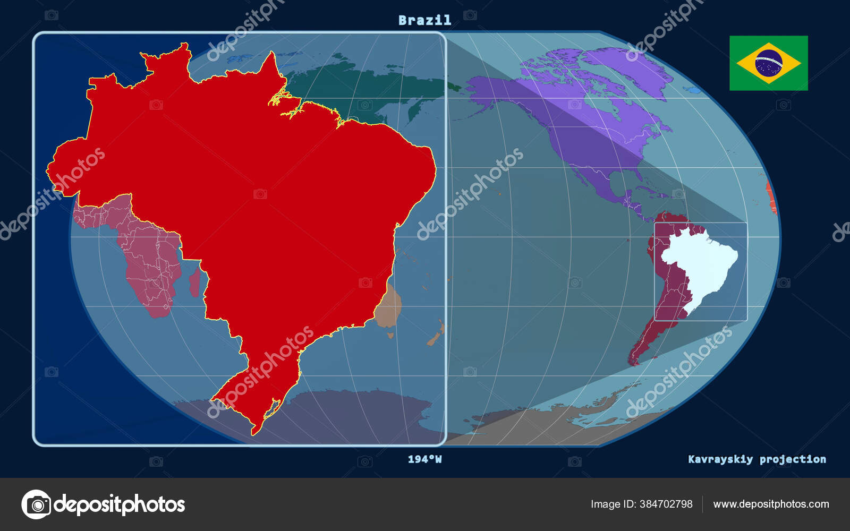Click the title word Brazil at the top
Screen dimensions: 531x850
424,20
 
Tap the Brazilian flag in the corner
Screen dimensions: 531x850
768,63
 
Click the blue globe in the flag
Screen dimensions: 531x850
768,63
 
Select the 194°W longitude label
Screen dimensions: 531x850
424,459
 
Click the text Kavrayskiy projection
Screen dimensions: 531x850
756,459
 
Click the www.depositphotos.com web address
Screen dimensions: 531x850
771,504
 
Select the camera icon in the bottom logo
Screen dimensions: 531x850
37,504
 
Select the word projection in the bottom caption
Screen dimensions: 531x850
793,459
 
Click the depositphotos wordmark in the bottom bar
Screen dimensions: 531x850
120,504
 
